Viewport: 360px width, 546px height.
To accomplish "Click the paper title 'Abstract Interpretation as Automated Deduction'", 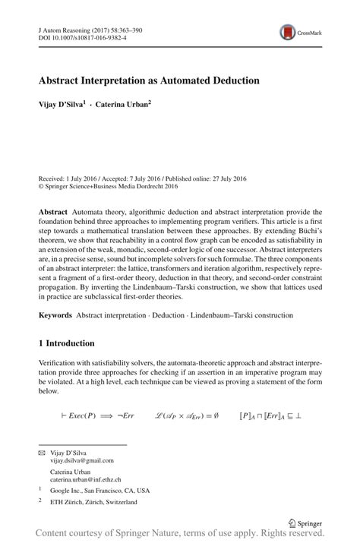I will coord(149,80).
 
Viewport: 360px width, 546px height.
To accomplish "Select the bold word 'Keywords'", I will coord(58,314).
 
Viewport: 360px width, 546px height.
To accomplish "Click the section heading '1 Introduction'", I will coord(67,343).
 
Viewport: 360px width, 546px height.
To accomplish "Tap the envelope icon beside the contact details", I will coord(42,453).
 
